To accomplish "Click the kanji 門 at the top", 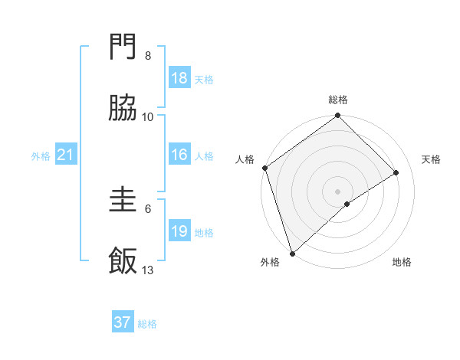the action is click(x=123, y=48).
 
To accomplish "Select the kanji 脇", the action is click(x=123, y=109).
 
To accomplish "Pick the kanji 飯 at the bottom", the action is click(x=123, y=261).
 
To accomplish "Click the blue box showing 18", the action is click(x=179, y=78).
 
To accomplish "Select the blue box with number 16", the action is click(x=179, y=155).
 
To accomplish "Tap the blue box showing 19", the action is click(x=179, y=231).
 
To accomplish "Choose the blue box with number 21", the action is click(x=66, y=155).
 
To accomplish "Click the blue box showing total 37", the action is click(x=123, y=322).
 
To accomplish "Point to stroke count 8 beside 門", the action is click(x=148, y=56).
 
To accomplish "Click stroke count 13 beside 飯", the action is click(x=148, y=270).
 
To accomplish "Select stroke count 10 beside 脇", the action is click(x=148, y=116).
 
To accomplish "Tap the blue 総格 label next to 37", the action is click(x=147, y=324).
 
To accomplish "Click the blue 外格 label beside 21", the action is click(x=41, y=156).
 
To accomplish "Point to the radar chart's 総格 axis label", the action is click(x=338, y=100).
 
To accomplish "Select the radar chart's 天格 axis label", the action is click(x=432, y=159).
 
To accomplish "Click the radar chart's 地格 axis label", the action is click(x=402, y=262).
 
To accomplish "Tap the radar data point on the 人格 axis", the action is click(x=264, y=168).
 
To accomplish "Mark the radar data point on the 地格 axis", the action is click(x=347, y=204).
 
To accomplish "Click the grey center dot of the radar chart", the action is click(x=338, y=191).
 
